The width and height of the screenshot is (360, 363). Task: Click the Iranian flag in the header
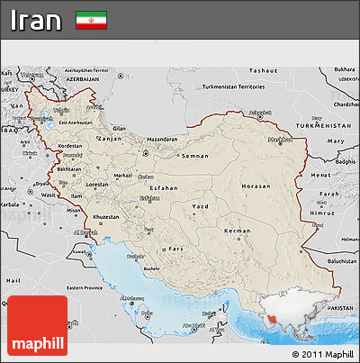click(90, 20)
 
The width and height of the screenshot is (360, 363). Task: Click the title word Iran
click(37, 21)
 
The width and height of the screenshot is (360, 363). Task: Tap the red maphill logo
click(36, 327)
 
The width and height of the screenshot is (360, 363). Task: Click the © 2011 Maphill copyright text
click(323, 354)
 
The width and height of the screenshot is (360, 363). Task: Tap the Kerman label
click(238, 231)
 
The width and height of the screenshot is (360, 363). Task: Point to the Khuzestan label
click(106, 217)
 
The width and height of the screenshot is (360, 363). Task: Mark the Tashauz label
click(264, 69)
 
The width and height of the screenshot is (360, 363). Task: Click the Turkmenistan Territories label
click(233, 87)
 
